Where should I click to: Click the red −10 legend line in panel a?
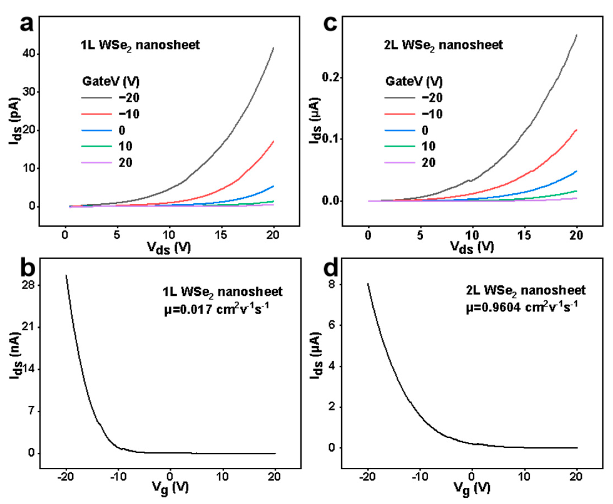pyautogui.click(x=96, y=114)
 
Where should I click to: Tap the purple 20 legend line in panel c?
pyautogui.click(x=400, y=162)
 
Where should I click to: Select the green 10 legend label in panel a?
pyautogui.click(x=126, y=146)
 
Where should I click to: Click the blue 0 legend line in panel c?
pyautogui.click(x=400, y=130)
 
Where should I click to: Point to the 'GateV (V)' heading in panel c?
pyautogui.click(x=414, y=81)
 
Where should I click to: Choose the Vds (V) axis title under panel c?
pyautogui.click(x=472, y=248)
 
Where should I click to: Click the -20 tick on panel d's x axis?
pyautogui.click(x=368, y=477)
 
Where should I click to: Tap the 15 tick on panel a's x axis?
pyautogui.click(x=221, y=235)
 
